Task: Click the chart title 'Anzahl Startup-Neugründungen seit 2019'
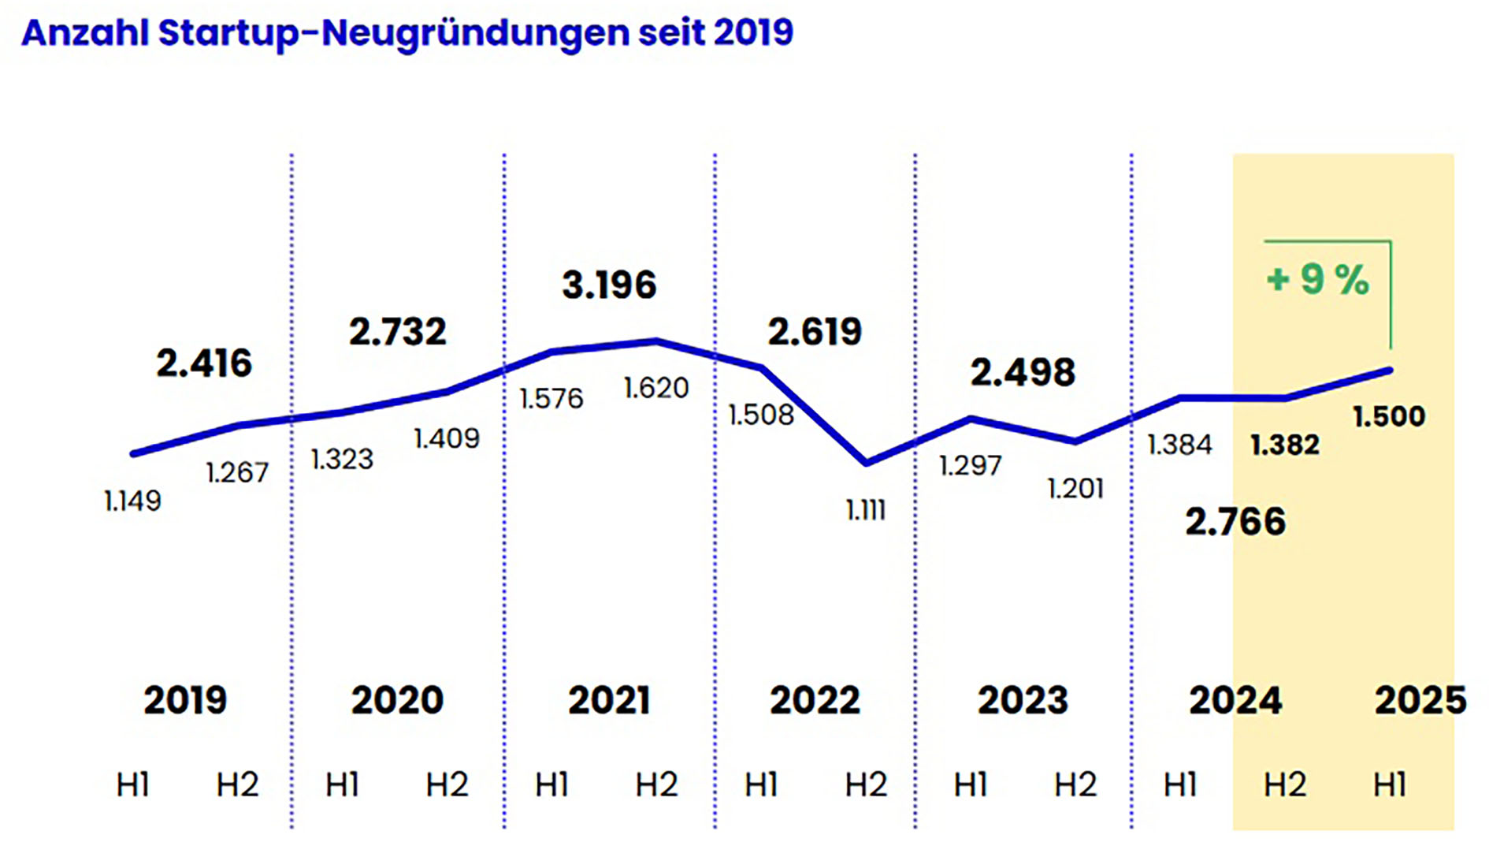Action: point(407,33)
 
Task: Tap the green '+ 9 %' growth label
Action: point(1317,279)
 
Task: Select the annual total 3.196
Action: point(608,285)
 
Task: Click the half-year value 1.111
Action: point(866,510)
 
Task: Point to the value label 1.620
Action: point(655,388)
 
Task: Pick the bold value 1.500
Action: point(1388,416)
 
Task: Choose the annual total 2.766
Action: point(1235,522)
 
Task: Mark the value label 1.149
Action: point(132,501)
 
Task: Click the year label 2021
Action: point(608,700)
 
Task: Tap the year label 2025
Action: point(1420,700)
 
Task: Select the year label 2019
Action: point(185,700)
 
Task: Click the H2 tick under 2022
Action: point(866,784)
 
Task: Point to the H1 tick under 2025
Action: point(1389,784)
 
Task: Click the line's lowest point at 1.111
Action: point(867,463)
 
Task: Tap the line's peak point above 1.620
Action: point(657,341)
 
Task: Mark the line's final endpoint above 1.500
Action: point(1389,370)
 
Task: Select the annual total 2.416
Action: point(204,363)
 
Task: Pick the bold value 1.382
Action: point(1284,445)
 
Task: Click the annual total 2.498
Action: point(1022,373)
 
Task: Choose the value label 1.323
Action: point(342,459)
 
